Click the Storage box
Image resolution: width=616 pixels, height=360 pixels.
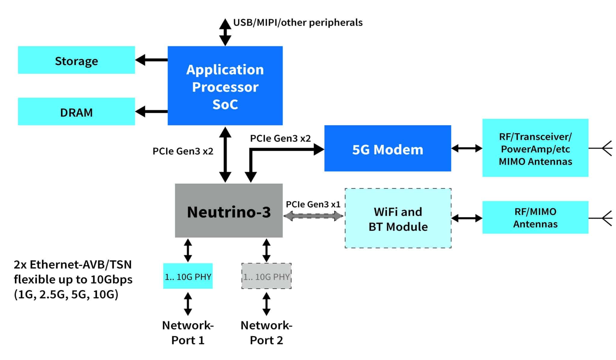click(76, 60)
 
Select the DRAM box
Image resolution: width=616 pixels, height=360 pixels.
click(76, 111)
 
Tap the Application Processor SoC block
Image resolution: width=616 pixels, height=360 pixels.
click(225, 86)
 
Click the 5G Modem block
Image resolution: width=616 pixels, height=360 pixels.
click(387, 148)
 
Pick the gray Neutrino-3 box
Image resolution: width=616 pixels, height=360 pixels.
click(229, 211)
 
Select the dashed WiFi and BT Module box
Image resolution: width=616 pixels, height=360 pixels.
click(398, 218)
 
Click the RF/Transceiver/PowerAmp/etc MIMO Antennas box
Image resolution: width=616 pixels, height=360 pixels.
click(535, 148)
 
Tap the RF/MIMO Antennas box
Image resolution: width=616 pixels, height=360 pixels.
click(535, 217)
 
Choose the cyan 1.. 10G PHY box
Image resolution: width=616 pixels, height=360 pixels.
click(188, 276)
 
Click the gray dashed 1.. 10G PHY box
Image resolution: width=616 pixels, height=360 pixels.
click(266, 276)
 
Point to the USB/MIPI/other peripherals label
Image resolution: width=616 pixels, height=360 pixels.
click(298, 23)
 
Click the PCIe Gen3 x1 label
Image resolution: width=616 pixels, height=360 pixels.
click(313, 204)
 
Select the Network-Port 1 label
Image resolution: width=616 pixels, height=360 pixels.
click(188, 333)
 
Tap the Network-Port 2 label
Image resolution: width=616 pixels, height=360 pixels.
click(266, 333)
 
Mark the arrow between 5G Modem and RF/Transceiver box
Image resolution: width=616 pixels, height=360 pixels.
click(467, 148)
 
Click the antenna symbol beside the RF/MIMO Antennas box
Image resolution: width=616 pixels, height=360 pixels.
click(603, 218)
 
